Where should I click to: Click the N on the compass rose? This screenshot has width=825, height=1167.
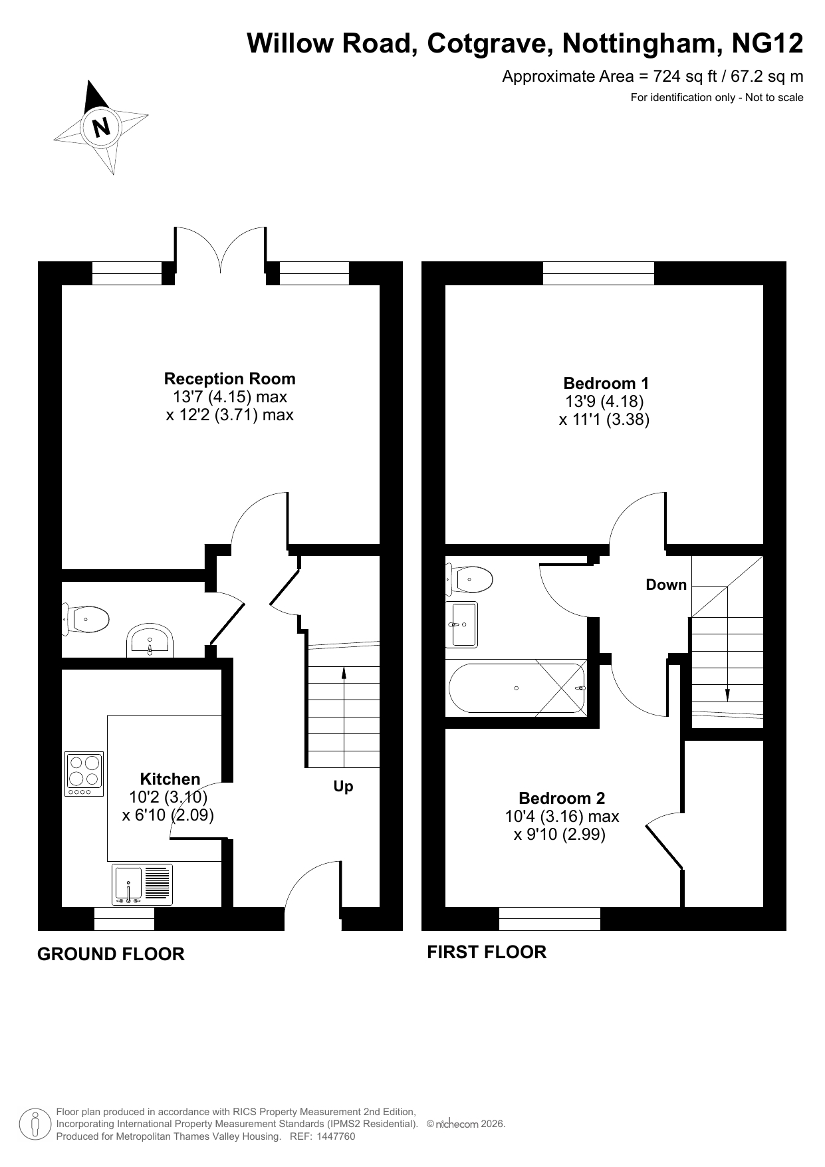point(102,126)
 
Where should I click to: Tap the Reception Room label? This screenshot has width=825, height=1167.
point(230,379)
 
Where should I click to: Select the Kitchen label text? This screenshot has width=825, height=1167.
point(170,779)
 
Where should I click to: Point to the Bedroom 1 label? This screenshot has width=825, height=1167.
point(606,384)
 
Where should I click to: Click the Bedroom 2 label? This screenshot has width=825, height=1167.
point(562,798)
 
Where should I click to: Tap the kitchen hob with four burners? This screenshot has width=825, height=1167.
point(84,773)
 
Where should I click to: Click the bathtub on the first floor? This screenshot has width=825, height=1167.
point(517,688)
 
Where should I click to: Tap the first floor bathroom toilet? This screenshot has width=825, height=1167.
point(469,579)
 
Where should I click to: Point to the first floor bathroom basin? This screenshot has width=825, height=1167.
point(464,624)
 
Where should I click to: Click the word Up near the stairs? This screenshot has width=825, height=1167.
point(343,787)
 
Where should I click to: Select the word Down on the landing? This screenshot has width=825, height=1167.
point(666,584)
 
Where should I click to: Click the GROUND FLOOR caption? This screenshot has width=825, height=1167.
point(111,954)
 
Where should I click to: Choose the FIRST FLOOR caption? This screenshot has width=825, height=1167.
point(487,952)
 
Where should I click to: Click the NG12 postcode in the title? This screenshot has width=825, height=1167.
point(767,44)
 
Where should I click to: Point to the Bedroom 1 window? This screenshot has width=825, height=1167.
point(598,273)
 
